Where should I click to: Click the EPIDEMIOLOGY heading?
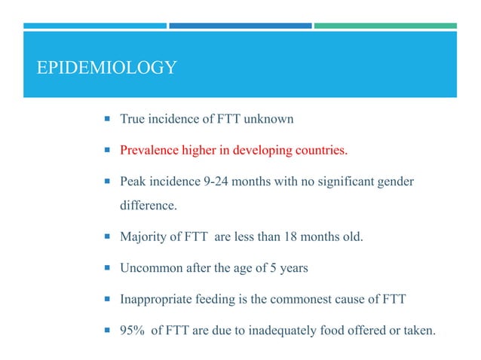point(107,69)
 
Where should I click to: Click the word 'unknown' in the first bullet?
point(268,119)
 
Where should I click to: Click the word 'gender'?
point(394,182)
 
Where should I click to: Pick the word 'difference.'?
point(149,206)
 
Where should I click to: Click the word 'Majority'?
point(143,237)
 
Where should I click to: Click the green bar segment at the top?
point(385,26)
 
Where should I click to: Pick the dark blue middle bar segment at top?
point(240,26)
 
